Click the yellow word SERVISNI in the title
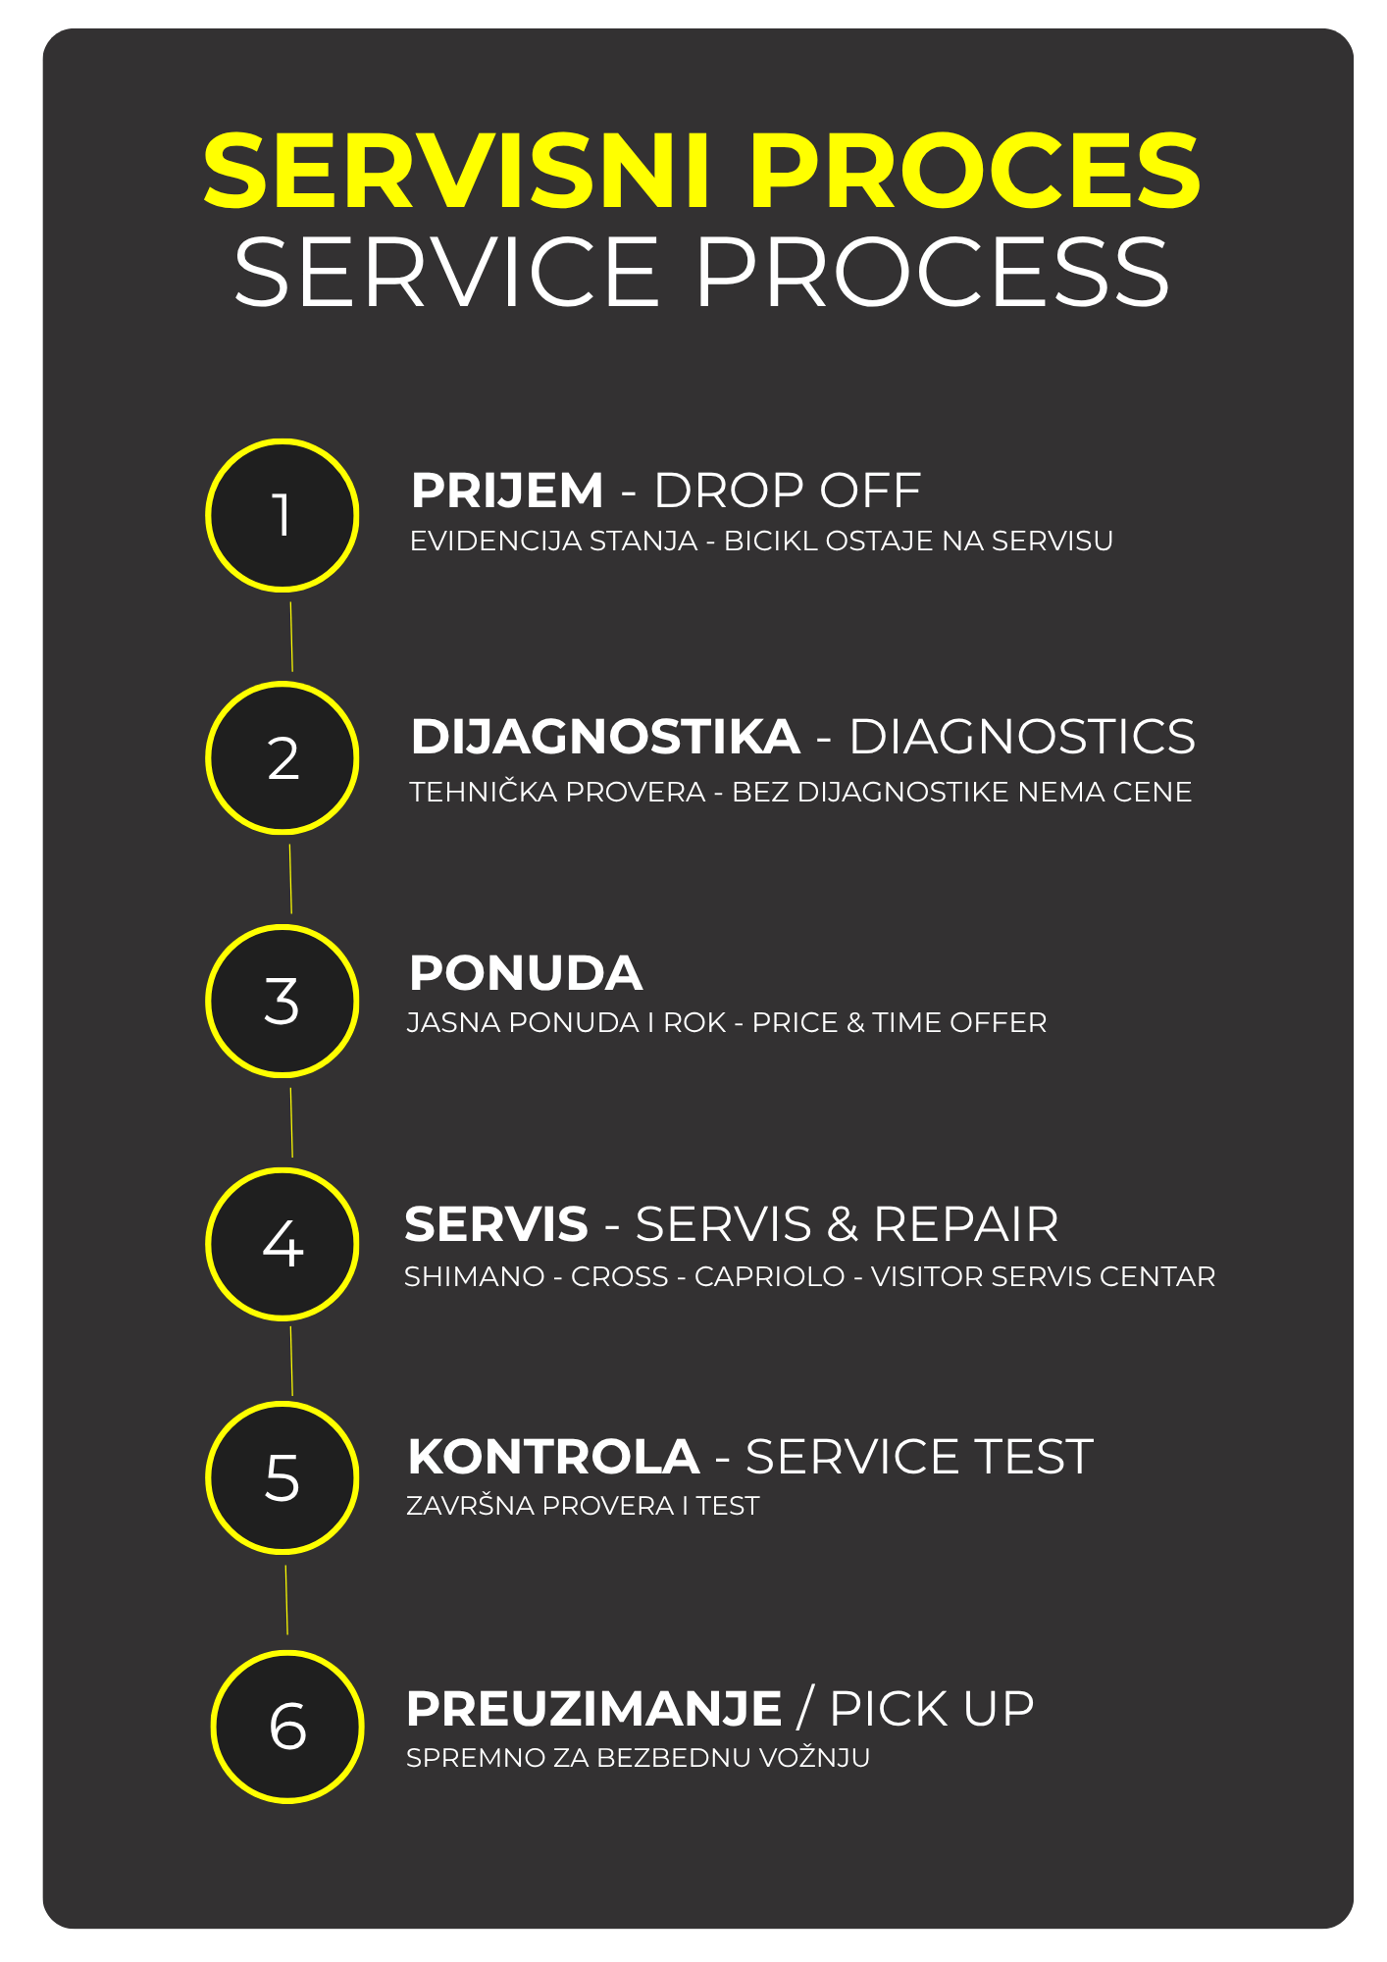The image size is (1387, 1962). coord(456,172)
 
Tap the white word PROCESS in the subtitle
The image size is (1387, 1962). coord(932,272)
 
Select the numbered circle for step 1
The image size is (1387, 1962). coord(283,515)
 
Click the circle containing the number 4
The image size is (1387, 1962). coord(283,1244)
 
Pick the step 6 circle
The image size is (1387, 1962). coord(287,1727)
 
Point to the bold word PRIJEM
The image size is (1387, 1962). coord(507,490)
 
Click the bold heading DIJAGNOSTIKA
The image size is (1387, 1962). coord(605,737)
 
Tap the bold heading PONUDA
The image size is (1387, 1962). coord(525,973)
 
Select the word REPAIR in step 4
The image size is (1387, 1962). coord(966,1224)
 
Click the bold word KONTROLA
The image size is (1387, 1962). coord(553,1457)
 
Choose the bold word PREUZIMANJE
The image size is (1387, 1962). coord(593,1709)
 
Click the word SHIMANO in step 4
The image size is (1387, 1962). coord(475,1276)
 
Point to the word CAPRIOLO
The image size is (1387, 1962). coord(770,1276)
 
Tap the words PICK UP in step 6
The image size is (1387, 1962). coord(932,1709)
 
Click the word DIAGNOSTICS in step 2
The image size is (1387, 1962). coord(1022,737)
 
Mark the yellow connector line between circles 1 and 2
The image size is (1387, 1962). coord(291,637)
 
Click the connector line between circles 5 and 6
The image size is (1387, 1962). coord(286,1600)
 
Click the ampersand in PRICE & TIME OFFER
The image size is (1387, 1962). coord(855,1022)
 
